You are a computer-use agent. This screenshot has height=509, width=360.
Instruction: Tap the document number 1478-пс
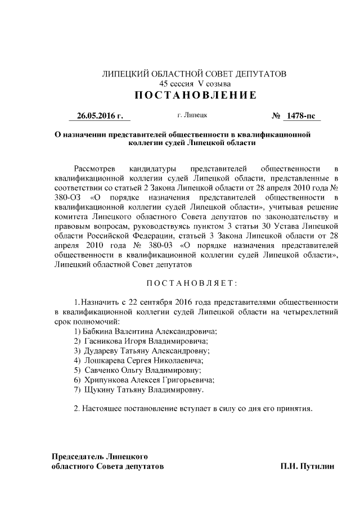click(x=301, y=116)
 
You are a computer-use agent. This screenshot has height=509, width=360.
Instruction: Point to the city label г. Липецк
click(x=192, y=115)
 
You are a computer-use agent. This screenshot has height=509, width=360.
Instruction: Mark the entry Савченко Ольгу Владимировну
click(x=138, y=370)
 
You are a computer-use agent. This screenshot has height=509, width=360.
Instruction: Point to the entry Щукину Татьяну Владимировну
click(x=139, y=389)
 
